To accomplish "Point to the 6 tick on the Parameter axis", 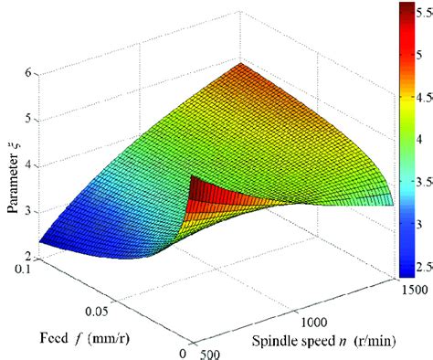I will point(30,73).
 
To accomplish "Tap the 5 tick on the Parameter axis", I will point(30,119).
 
